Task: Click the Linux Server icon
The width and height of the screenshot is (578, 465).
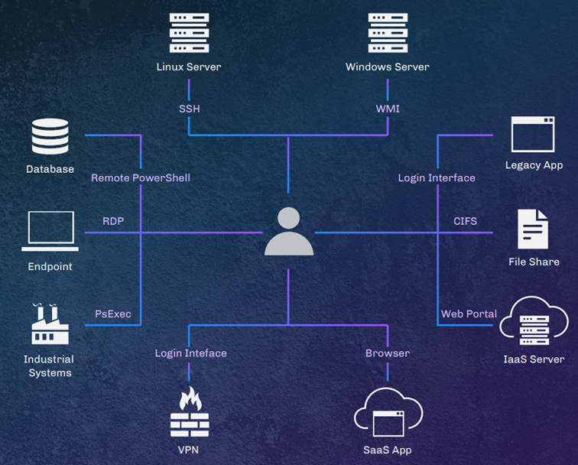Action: point(188,31)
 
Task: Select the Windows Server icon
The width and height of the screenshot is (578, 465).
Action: point(387,31)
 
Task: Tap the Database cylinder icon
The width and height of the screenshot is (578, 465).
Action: point(50,137)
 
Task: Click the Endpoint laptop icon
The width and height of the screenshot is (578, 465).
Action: point(50,231)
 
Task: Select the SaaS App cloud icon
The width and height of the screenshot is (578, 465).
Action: point(387,415)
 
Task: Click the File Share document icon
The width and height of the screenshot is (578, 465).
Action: point(533,229)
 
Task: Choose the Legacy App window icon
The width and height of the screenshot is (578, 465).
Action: point(533,135)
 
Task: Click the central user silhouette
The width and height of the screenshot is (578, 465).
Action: point(289,230)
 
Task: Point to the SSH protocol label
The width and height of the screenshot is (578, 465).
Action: point(189,109)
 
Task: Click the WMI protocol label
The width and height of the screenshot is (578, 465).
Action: point(388,109)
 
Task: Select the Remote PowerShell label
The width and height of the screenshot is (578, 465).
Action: point(141,177)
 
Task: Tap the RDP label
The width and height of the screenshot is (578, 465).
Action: point(113,221)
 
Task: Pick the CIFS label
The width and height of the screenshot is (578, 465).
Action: point(465,221)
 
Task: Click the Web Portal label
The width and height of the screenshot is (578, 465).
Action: point(469,314)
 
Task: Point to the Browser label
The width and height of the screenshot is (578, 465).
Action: point(387,353)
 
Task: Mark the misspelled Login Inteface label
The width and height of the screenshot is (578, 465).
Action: point(190,353)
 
